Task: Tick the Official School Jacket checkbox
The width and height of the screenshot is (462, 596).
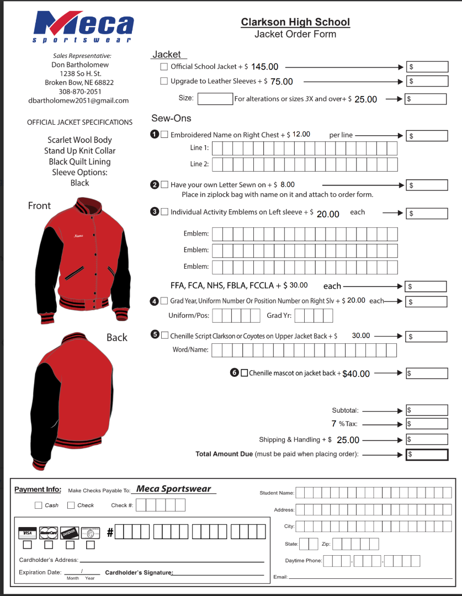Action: click(164, 67)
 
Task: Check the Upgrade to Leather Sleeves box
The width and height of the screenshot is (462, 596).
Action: click(164, 81)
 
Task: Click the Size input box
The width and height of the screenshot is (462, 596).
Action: click(215, 99)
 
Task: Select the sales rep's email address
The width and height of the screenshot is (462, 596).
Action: click(78, 100)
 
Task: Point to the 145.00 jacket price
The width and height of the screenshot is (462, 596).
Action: click(265, 67)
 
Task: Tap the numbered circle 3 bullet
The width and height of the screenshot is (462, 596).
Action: click(155, 211)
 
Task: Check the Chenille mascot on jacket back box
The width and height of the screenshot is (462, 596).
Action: click(245, 373)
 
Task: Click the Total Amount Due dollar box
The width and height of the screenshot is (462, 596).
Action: click(427, 455)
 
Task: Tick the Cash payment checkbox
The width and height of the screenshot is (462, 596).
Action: click(38, 505)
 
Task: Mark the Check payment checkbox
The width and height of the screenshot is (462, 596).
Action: click(71, 505)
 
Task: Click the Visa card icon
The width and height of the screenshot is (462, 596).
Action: click(26, 533)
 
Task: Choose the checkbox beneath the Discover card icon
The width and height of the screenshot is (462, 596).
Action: click(70, 545)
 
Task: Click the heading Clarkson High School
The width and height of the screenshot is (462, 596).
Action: click(295, 22)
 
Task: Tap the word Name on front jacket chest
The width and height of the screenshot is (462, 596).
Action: click(79, 236)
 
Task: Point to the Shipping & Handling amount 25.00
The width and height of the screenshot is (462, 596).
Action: click(348, 440)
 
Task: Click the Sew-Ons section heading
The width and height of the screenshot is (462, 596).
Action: click(171, 118)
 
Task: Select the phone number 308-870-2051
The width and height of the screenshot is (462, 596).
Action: click(80, 92)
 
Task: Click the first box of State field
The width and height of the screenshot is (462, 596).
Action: click(304, 544)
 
